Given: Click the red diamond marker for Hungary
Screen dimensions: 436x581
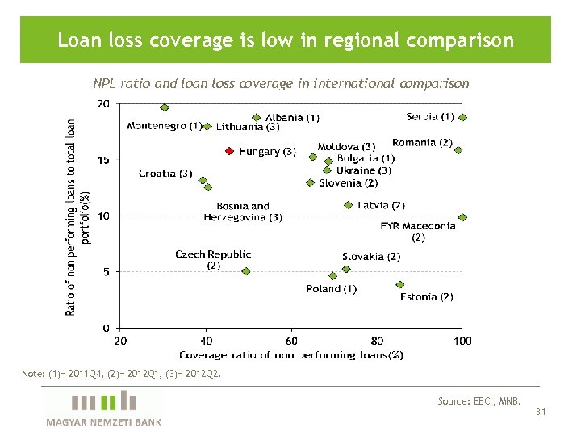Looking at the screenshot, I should [229, 151].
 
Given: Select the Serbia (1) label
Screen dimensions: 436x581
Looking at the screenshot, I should [430, 117].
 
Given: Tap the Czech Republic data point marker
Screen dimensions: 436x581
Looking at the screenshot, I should [246, 271].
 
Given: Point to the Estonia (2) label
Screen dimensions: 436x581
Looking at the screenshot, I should [426, 296].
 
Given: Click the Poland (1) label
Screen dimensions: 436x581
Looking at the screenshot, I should [331, 289].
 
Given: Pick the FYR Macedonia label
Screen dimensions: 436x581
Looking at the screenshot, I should [418, 232].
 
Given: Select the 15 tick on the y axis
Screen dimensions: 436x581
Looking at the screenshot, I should [104, 160].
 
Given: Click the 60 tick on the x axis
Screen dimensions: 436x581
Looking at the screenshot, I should [291, 342].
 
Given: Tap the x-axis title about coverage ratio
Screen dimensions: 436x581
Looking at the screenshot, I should [290, 354].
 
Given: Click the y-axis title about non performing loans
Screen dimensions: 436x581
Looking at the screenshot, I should [78, 216].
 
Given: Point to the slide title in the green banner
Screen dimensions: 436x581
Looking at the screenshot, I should [286, 40].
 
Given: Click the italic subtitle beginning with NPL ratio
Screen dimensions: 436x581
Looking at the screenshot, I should [280, 83].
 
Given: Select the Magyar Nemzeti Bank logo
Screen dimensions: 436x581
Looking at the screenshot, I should [103, 408].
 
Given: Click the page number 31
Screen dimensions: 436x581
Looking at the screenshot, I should [541, 412].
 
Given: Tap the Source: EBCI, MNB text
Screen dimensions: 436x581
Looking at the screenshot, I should [479, 400].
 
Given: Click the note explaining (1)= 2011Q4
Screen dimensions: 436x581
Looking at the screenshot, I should [121, 374].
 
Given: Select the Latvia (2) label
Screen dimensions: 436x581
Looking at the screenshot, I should [381, 205].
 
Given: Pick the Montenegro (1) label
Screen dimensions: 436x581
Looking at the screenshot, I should [164, 126].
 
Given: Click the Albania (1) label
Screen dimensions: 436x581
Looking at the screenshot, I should [292, 118].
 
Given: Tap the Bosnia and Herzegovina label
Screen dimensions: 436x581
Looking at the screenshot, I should [243, 212].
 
